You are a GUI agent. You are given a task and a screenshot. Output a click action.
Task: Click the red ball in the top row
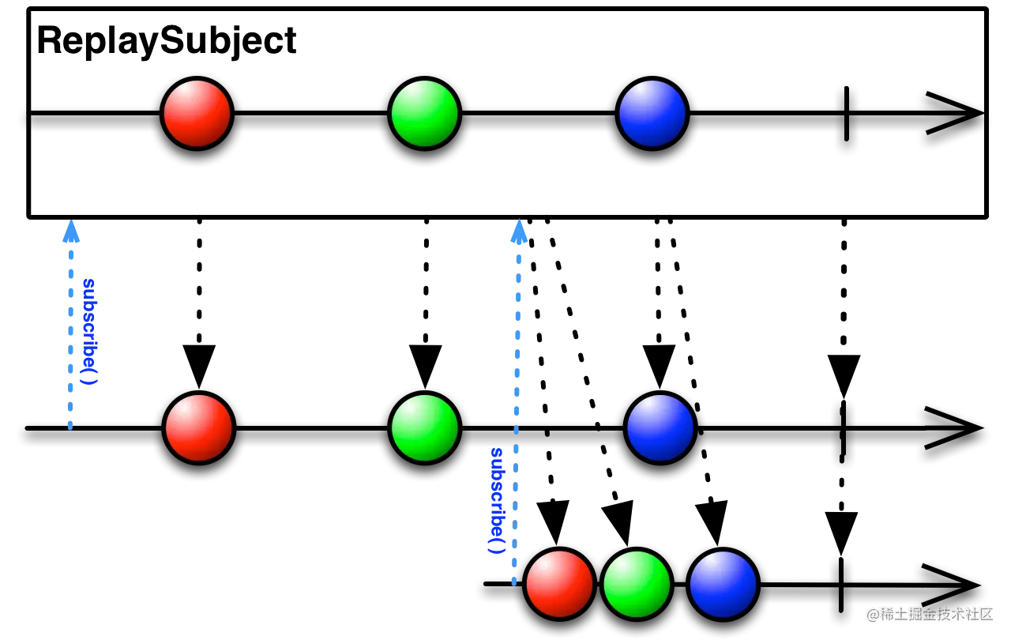[x=197, y=113]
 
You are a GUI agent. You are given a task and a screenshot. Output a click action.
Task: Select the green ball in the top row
[x=424, y=113]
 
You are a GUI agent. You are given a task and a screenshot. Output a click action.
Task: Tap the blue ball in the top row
[x=652, y=113]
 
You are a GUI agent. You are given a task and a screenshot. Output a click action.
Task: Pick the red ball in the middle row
[x=198, y=427]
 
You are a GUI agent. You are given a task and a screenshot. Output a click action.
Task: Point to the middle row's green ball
[x=424, y=427]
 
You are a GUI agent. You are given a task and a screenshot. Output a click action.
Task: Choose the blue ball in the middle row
[x=660, y=427]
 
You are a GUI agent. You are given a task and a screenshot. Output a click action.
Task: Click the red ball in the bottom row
[x=559, y=584]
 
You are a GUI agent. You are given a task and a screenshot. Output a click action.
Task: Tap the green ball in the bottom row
[x=637, y=584]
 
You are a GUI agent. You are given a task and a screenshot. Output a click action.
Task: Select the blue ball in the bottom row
[x=723, y=584]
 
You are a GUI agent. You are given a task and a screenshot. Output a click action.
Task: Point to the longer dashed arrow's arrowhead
[x=519, y=233]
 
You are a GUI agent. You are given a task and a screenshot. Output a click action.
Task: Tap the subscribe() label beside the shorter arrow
[x=90, y=331]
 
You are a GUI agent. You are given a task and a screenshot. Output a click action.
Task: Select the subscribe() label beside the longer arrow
[x=498, y=501]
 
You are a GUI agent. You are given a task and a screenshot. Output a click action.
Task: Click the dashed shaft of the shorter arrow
[x=70, y=340]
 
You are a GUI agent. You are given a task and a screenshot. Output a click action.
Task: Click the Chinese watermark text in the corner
[x=929, y=612]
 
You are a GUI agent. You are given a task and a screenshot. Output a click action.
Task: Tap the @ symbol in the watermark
[x=872, y=613]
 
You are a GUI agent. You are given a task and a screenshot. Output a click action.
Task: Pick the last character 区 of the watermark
[x=983, y=612]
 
